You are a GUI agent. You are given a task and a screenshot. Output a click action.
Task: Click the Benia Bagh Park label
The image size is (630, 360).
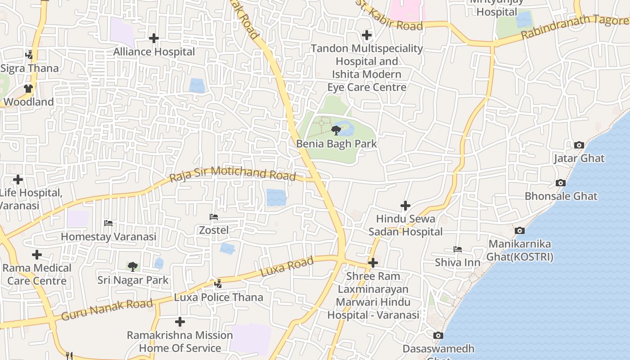click(x=336, y=144)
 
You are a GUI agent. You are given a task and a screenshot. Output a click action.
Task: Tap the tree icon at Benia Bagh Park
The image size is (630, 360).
click(x=336, y=130)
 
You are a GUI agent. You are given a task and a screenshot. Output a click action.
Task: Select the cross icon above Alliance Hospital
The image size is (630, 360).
click(x=154, y=38)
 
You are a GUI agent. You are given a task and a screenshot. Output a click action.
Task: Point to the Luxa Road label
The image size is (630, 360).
click(x=287, y=267)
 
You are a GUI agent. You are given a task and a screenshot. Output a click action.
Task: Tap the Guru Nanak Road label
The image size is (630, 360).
click(x=107, y=310)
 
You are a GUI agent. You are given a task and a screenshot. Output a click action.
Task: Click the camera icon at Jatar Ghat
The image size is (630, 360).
click(x=579, y=145)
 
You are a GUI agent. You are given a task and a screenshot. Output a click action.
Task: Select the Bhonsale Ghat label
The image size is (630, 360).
click(x=561, y=196)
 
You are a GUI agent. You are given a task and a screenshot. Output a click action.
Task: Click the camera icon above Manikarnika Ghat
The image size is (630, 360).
click(x=520, y=230)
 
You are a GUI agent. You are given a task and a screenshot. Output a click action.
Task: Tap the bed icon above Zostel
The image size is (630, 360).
click(x=214, y=217)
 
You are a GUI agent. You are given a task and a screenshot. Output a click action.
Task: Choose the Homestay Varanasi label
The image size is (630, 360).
click(x=108, y=237)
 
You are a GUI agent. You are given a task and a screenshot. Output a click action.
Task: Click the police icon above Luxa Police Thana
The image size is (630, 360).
click(x=218, y=283)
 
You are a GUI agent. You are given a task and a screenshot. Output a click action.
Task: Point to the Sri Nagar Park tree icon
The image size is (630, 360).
click(x=132, y=267)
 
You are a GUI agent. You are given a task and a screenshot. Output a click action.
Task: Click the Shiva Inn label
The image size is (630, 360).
click(x=457, y=262)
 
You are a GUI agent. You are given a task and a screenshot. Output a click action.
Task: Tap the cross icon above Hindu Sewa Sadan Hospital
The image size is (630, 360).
click(x=405, y=206)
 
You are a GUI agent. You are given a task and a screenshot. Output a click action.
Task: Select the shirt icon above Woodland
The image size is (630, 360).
click(x=28, y=89)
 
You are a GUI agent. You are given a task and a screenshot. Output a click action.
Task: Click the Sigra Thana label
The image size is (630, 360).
click(x=30, y=68)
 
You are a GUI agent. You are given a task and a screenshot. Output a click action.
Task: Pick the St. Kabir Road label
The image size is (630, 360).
click(x=390, y=16)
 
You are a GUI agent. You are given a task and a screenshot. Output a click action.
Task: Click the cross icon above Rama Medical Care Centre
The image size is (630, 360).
click(x=37, y=255)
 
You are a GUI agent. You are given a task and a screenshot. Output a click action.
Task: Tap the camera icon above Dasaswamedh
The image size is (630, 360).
click(x=438, y=335)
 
